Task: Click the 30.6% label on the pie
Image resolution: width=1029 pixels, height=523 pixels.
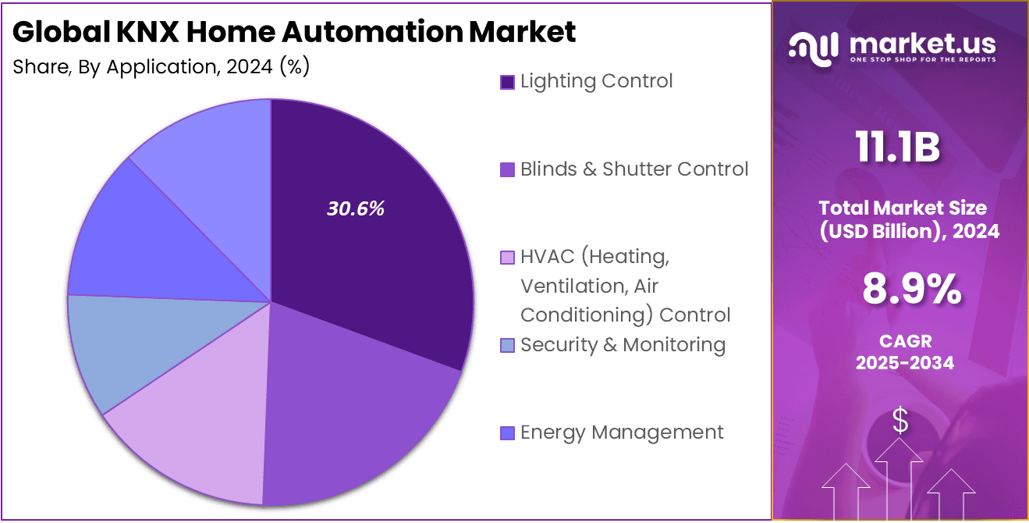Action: tap(355, 209)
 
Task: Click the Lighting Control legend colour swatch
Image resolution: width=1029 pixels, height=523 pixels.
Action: tap(507, 82)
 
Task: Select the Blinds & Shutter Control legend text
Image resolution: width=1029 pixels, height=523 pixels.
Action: tap(634, 169)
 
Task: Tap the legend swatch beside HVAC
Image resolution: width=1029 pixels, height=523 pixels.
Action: tap(507, 257)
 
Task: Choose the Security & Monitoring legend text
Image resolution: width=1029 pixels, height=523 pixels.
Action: tap(623, 344)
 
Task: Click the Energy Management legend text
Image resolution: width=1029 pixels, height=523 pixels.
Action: tap(622, 432)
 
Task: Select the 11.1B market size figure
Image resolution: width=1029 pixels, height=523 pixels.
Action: tap(897, 148)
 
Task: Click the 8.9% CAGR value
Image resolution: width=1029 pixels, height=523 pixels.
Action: tap(911, 290)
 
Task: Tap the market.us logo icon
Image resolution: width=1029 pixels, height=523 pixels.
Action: tap(814, 47)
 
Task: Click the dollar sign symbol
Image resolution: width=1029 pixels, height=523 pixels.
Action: tap(900, 422)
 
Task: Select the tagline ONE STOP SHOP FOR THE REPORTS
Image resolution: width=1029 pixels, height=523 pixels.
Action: tap(923, 60)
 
